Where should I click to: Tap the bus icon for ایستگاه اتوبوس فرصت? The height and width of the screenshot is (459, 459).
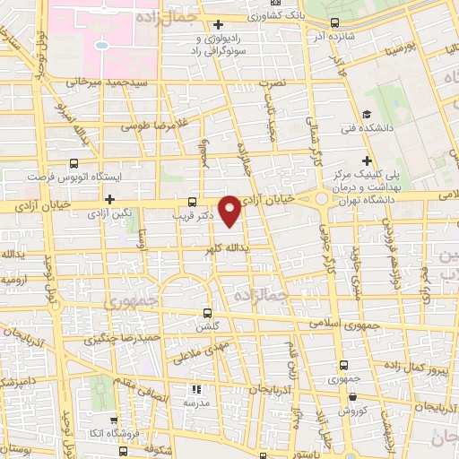coord(74,164)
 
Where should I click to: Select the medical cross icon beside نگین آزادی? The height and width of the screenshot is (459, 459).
coord(109,199)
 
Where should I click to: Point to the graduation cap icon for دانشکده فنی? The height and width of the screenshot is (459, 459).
coord(368,114)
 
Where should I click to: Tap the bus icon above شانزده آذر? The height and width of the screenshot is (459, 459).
coord(334,23)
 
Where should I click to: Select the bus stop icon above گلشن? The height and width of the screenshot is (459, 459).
coord(208,314)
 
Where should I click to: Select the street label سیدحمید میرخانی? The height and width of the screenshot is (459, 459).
coord(81,82)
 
